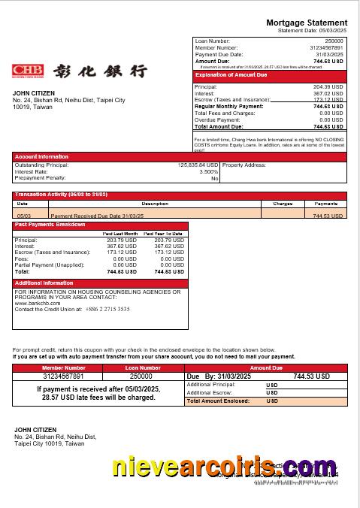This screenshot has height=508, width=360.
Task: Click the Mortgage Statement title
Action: (307, 23)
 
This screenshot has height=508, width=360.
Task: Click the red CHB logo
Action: (28, 71)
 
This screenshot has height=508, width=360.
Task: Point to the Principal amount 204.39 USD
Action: (328, 87)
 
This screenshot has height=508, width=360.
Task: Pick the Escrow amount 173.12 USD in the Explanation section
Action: (328, 100)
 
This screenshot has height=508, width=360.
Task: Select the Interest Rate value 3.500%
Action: (208, 171)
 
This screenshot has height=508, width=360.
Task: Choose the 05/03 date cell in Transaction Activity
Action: (23, 216)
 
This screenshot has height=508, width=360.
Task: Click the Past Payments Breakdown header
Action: (50, 225)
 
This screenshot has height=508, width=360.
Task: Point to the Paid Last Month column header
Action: (119, 234)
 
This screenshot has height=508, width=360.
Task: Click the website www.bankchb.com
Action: (37, 303)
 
